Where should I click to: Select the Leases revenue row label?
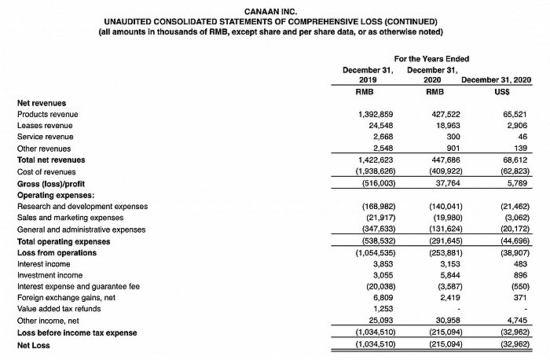click(45, 126)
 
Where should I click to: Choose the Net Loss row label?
click(35, 345)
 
